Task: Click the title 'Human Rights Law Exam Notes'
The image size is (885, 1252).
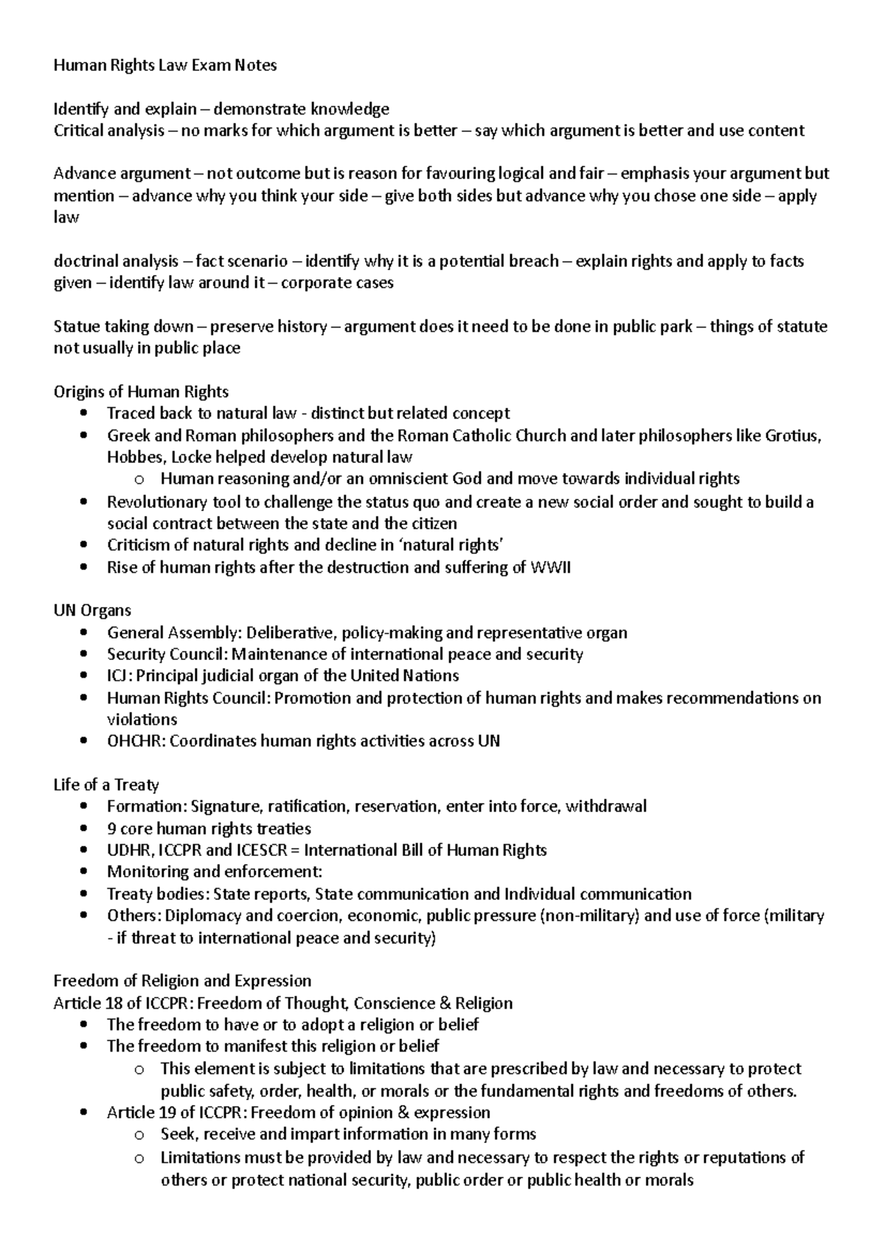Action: (164, 66)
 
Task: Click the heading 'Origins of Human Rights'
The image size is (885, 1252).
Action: (141, 392)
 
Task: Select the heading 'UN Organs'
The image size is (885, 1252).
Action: (92, 611)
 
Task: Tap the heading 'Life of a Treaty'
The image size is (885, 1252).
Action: (106, 785)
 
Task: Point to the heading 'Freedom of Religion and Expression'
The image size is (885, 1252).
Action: (182, 981)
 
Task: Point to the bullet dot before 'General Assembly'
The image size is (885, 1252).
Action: (86, 633)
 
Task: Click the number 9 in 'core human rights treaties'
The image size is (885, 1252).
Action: (111, 829)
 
